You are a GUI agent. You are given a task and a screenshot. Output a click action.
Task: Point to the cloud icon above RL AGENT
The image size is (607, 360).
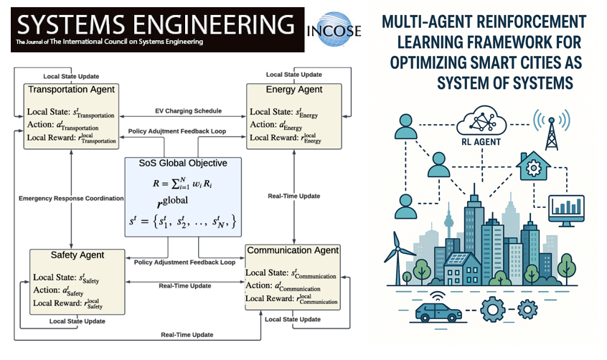[x=486, y=118]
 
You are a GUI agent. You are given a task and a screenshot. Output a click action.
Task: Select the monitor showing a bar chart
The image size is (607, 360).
[x=566, y=209]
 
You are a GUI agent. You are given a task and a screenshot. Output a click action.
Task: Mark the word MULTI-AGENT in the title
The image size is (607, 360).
[x=425, y=23]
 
